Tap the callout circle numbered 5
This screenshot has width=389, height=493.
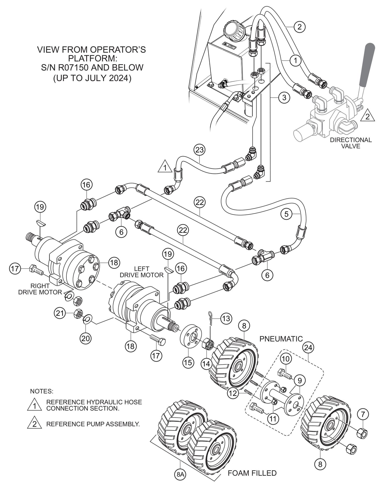(x=286, y=214)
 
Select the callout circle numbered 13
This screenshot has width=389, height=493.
(x=226, y=319)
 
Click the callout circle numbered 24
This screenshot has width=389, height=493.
(x=308, y=348)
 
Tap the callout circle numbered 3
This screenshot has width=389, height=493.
(x=284, y=98)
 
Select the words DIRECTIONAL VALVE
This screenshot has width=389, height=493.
(x=351, y=143)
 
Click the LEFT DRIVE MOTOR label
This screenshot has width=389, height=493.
(x=142, y=272)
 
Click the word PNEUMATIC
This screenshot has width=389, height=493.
(x=281, y=339)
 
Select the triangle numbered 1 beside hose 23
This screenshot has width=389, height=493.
(x=165, y=167)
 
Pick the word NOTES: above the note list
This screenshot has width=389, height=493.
(x=42, y=391)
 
